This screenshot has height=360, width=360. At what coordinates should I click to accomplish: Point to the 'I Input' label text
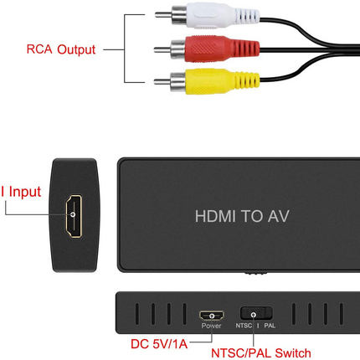[20, 192]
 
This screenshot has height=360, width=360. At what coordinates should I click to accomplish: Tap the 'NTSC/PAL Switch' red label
[261, 352]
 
